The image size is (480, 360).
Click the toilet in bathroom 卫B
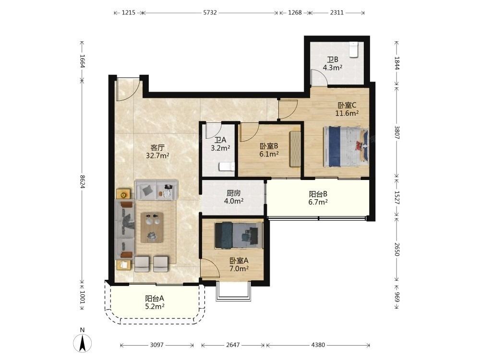354,49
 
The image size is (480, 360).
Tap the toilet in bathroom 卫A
227,167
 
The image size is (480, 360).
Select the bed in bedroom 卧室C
346,147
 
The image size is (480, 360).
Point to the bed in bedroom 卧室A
239,235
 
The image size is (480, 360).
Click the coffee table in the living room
152,228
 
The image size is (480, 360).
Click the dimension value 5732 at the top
210,12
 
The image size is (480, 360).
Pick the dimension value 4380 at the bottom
318,345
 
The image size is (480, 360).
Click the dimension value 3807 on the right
397,132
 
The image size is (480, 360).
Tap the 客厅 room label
157,148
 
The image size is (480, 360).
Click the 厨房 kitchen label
234,193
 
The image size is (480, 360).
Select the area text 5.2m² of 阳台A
155,306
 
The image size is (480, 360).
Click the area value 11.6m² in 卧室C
347,113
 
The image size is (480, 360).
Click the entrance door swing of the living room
129,89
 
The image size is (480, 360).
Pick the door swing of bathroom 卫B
319,77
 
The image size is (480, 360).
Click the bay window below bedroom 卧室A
233,291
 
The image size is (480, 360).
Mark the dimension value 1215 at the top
129,12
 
